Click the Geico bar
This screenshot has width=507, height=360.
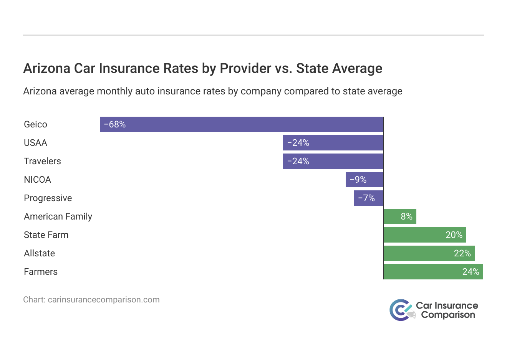pos(241,124)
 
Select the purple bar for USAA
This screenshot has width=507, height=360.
pos(333,143)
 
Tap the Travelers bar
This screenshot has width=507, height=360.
pos(333,161)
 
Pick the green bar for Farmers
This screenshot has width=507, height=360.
pos(433,272)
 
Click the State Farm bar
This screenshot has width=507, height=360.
pos(425,235)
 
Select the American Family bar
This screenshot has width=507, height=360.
pos(400,216)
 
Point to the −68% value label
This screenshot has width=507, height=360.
pos(115,124)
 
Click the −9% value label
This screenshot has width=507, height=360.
pos(358,180)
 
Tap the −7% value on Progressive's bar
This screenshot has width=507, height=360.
pos(366,198)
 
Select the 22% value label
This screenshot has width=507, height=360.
pos(462,253)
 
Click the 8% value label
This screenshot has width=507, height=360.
pos(406,216)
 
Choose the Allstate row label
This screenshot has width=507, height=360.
pos(39,253)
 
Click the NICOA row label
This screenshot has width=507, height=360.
pos(37,180)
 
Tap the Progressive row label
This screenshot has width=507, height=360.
pos(48,198)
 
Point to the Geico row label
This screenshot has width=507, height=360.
pos(35,124)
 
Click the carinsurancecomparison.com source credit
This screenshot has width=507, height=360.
pos(103,300)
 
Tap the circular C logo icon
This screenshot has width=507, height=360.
pos(400,310)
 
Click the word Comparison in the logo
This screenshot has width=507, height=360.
pos(448,315)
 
